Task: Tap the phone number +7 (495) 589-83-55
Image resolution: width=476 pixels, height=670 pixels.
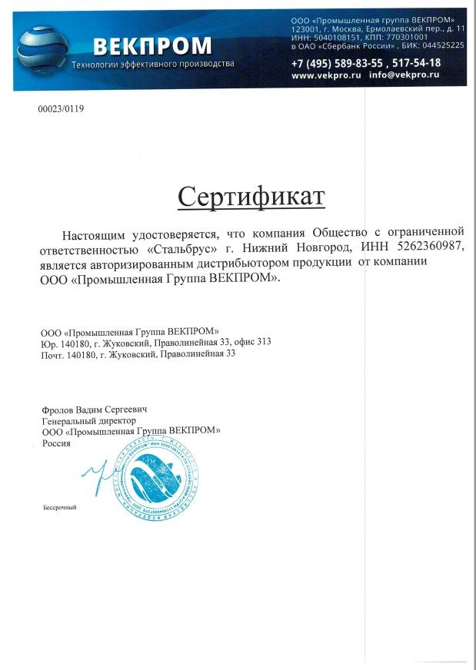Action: (338, 63)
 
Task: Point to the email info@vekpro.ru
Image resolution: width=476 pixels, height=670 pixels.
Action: (404, 76)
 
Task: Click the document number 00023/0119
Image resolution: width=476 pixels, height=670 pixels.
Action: (61, 109)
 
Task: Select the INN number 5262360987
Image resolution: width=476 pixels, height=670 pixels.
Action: (428, 247)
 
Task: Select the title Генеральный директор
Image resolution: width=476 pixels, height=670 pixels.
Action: (88, 421)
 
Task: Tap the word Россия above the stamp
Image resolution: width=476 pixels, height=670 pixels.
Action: (56, 443)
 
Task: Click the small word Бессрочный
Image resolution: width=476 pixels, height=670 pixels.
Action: (60, 507)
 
